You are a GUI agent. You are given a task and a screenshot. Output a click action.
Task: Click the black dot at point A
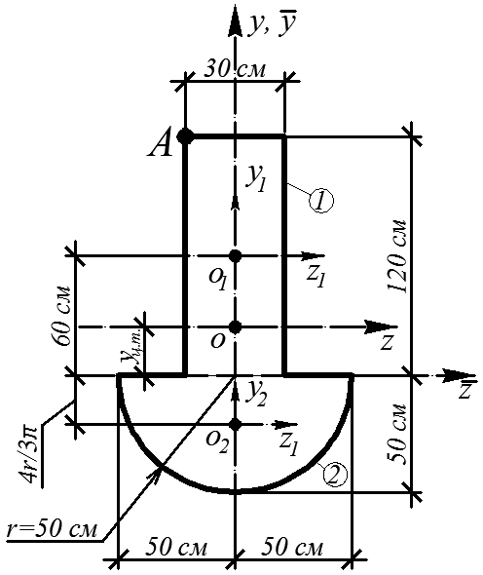(185, 136)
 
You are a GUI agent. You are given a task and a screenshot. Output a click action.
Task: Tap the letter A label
(161, 144)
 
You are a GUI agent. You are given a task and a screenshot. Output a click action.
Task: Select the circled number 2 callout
(335, 475)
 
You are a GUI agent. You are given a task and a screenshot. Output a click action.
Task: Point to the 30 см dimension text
(234, 69)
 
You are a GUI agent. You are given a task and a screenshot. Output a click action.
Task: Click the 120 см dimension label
(397, 256)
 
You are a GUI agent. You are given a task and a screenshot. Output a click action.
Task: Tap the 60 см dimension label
(61, 316)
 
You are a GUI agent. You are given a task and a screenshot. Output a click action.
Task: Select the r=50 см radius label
(53, 529)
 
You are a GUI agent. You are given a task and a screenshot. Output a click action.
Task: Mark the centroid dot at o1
(235, 255)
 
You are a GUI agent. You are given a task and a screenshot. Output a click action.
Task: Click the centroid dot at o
(235, 326)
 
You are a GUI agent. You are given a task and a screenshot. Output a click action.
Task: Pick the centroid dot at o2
(235, 425)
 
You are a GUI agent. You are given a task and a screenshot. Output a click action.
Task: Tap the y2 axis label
(257, 394)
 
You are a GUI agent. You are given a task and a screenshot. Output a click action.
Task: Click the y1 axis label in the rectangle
(256, 179)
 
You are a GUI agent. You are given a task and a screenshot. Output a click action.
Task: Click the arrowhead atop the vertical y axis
(235, 22)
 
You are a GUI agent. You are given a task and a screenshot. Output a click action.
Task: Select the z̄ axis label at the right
(465, 390)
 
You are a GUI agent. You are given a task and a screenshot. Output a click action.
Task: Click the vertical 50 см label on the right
(397, 435)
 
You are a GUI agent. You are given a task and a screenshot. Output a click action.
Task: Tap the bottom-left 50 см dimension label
(176, 548)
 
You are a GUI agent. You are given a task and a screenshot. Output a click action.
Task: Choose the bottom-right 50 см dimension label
(292, 548)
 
